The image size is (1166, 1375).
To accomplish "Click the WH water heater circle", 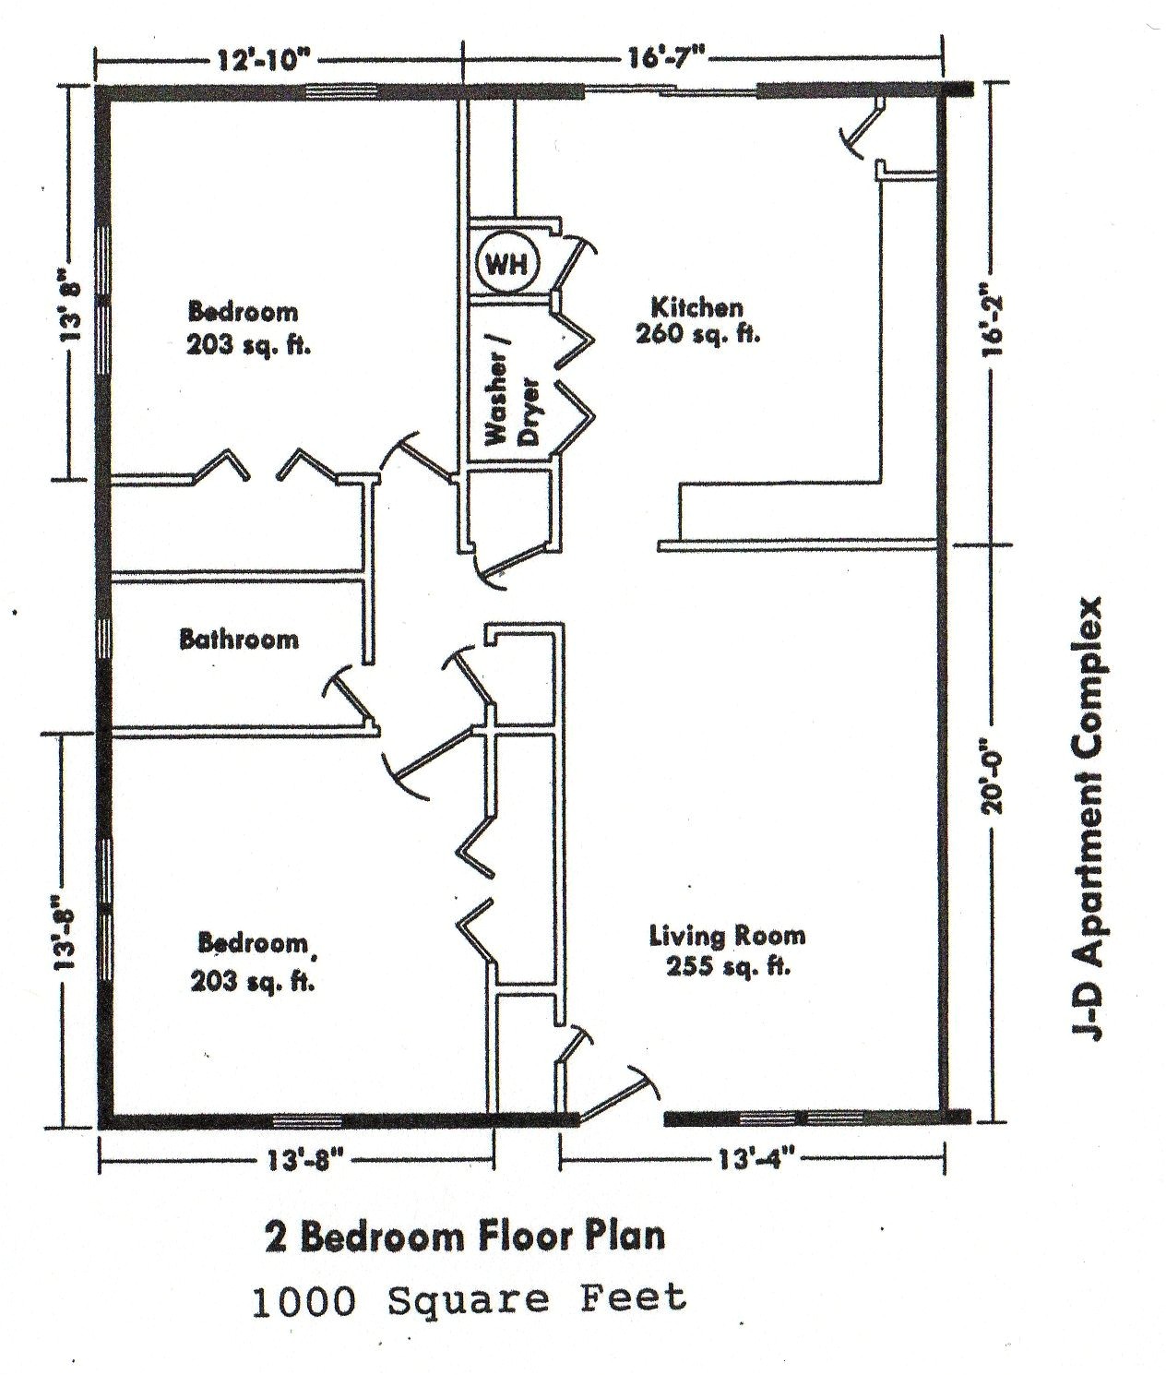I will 506,265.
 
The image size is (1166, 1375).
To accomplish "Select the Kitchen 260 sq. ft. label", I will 696,320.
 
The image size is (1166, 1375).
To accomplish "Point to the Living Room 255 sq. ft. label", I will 726,951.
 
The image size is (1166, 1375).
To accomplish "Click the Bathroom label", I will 239,639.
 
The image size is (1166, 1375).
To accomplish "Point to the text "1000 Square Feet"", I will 470,1299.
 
